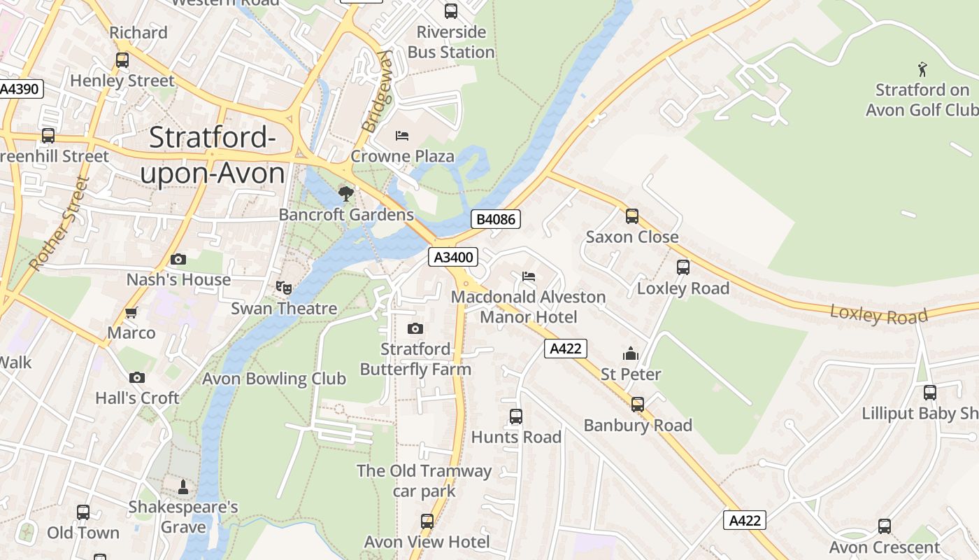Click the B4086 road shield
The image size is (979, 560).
(x=496, y=219)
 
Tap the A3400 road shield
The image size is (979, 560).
(x=453, y=257)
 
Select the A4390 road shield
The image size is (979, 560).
(x=21, y=89)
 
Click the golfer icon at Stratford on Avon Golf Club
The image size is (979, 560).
(x=922, y=69)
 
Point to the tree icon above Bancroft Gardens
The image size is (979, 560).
(x=345, y=193)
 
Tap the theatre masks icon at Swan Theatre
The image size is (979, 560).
(x=283, y=287)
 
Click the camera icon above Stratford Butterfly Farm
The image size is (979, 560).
(x=415, y=328)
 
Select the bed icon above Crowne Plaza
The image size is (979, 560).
(x=402, y=135)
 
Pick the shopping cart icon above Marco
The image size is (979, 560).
(x=131, y=312)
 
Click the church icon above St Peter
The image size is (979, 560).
(x=631, y=353)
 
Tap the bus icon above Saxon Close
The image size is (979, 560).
(x=632, y=216)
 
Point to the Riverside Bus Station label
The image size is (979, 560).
(x=451, y=42)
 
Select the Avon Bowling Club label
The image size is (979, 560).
(x=274, y=379)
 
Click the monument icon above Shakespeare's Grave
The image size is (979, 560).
(x=183, y=486)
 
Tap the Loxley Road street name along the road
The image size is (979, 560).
(x=878, y=315)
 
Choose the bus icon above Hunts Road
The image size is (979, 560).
(x=516, y=416)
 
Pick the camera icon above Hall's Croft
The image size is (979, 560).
(x=137, y=377)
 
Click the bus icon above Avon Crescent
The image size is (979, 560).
(x=885, y=526)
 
